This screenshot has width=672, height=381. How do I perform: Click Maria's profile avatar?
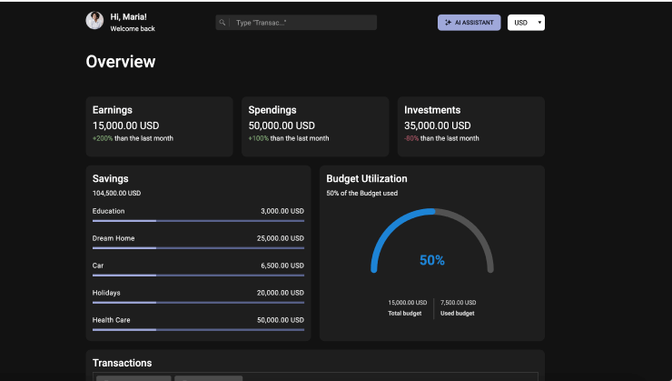pyautogui.click(x=94, y=21)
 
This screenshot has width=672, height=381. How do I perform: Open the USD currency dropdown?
pyautogui.click(x=526, y=23)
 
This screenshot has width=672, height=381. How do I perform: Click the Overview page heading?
pyautogui.click(x=121, y=62)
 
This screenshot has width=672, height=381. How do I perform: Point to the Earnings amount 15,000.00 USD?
pyautogui.click(x=126, y=125)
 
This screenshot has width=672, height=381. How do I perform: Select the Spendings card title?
pyautogui.click(x=272, y=110)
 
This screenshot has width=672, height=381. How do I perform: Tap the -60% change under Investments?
pyautogui.click(x=411, y=139)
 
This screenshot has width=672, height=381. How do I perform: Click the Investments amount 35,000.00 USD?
pyautogui.click(x=438, y=125)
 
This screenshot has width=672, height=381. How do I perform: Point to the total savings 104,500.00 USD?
pyautogui.click(x=116, y=194)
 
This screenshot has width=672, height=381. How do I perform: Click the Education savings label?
pyautogui.click(x=109, y=211)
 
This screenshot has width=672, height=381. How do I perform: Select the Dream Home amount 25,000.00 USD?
pyautogui.click(x=280, y=238)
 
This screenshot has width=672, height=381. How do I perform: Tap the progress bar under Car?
pyautogui.click(x=198, y=275)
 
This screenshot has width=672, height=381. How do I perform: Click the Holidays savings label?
pyautogui.click(x=106, y=293)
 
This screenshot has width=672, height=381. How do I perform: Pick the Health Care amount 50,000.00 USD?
pyautogui.click(x=280, y=320)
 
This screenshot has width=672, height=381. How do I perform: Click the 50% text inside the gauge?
pyautogui.click(x=432, y=260)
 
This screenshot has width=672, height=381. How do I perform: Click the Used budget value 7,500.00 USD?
pyautogui.click(x=458, y=303)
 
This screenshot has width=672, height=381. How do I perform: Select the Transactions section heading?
pyautogui.click(x=122, y=363)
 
